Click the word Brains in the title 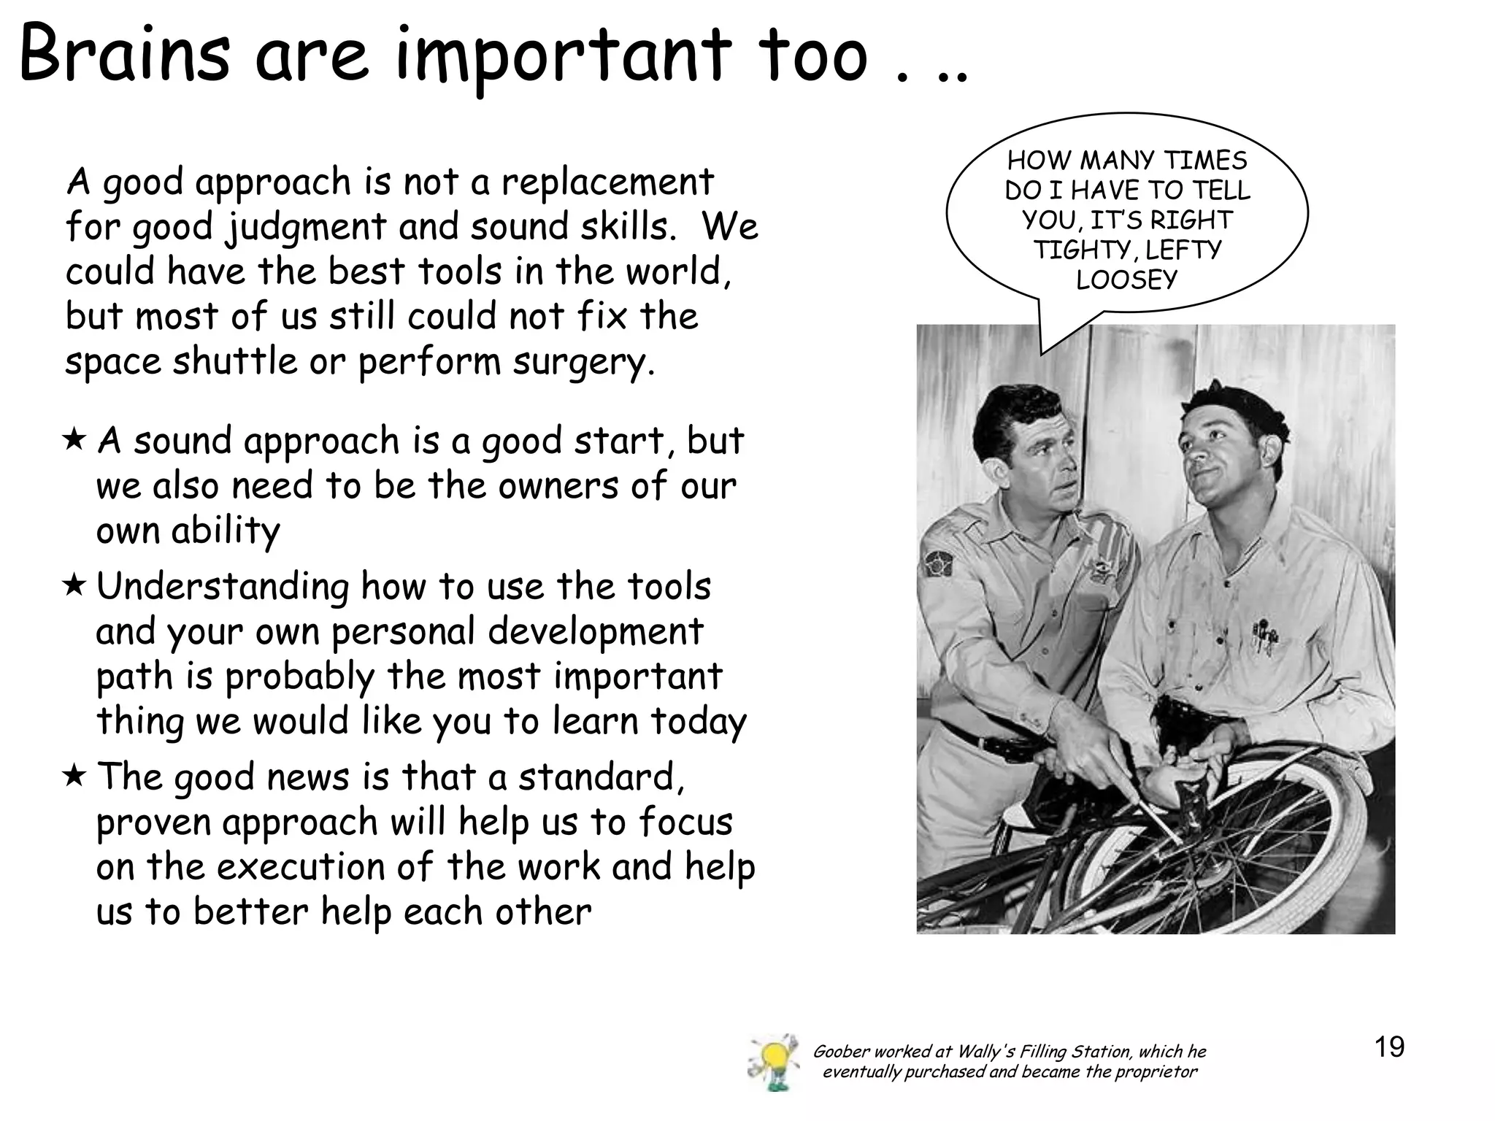[x=124, y=55]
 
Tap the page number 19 [x=1389, y=1047]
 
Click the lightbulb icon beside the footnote [x=772, y=1062]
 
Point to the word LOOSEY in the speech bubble [x=1126, y=280]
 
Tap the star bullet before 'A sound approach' [x=74, y=439]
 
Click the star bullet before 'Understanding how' [x=74, y=585]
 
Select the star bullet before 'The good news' [x=74, y=775]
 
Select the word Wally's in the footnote [x=985, y=1052]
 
